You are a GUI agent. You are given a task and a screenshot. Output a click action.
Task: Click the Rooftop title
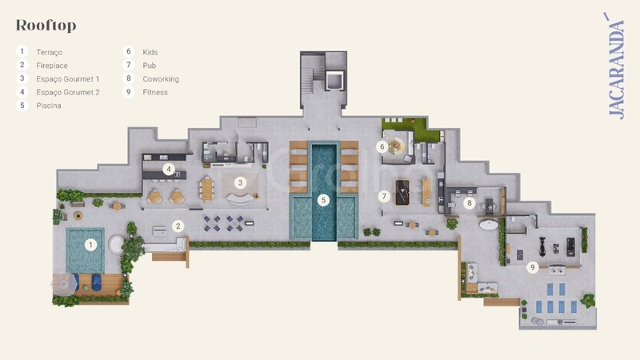pyautogui.click(x=46, y=26)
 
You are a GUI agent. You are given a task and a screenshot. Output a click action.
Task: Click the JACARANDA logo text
pyautogui.click(x=615, y=66)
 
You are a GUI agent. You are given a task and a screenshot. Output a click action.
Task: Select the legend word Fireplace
pyautogui.click(x=52, y=66)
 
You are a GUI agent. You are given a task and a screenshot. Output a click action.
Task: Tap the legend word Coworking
pyautogui.click(x=161, y=78)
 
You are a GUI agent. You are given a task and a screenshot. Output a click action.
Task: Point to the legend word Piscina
pyautogui.click(x=49, y=106)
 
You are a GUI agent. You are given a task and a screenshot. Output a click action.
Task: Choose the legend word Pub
pyautogui.click(x=149, y=66)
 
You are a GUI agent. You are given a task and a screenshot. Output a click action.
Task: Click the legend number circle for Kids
pyautogui.click(x=129, y=51)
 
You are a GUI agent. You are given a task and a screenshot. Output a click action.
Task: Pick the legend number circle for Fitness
pyautogui.click(x=129, y=92)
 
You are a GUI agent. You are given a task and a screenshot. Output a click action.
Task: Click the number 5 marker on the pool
pyautogui.click(x=323, y=200)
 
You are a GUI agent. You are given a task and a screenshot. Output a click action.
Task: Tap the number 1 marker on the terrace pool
pyautogui.click(x=90, y=245)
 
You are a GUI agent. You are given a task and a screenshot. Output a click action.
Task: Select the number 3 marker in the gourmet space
pyautogui.click(x=241, y=183)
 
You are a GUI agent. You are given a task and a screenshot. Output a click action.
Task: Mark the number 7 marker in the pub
pyautogui.click(x=384, y=197)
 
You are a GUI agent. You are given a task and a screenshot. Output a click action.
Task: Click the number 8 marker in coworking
pyautogui.click(x=470, y=203)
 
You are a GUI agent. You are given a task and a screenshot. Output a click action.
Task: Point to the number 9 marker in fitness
pyautogui.click(x=532, y=268)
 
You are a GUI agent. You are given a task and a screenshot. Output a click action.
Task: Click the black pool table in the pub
pyautogui.click(x=402, y=192)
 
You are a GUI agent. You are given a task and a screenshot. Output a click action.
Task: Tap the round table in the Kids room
pyautogui.click(x=395, y=146)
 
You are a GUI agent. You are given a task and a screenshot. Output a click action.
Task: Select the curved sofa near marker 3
pyautogui.click(x=240, y=198)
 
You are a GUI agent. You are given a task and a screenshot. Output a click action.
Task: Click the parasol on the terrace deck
pyautogui.click(x=64, y=282)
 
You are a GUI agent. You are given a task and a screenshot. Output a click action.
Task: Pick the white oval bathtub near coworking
pyautogui.click(x=489, y=224)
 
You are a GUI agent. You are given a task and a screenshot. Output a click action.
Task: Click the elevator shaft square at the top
pyautogui.click(x=334, y=81)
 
